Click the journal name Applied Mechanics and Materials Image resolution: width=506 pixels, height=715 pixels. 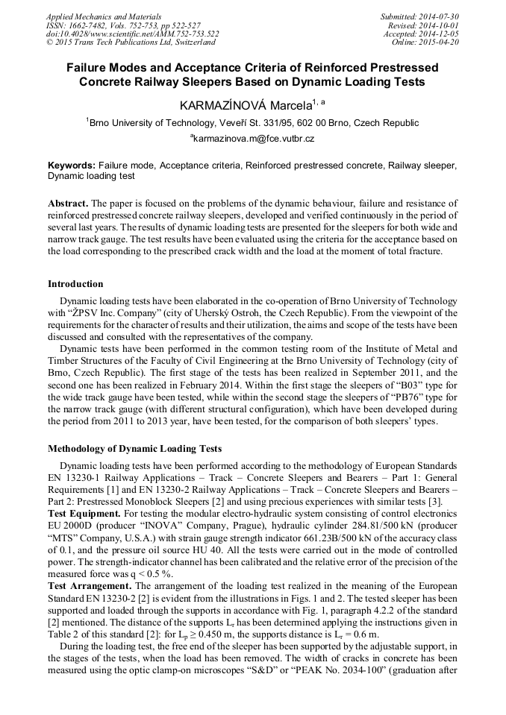[95, 16]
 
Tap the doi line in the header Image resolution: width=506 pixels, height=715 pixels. [132, 34]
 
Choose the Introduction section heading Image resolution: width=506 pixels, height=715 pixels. [75, 284]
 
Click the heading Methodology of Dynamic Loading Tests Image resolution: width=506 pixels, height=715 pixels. [134, 449]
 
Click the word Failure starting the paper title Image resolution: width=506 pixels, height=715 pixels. [90, 67]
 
